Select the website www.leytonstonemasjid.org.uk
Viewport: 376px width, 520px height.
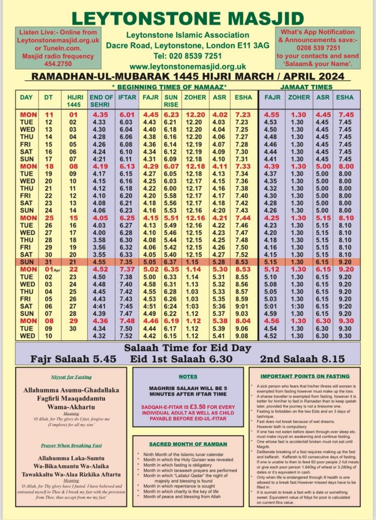point(187,67)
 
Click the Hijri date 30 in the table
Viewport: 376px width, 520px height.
point(73,328)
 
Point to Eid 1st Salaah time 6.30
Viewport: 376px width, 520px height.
point(218,360)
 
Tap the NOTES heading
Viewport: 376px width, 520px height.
point(188,377)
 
